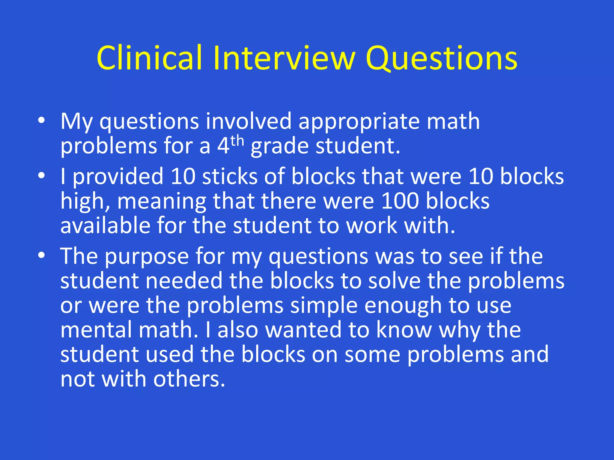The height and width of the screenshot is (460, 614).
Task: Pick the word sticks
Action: (229, 176)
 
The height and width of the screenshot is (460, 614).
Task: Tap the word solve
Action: (394, 281)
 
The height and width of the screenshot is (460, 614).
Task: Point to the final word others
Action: (189, 379)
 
